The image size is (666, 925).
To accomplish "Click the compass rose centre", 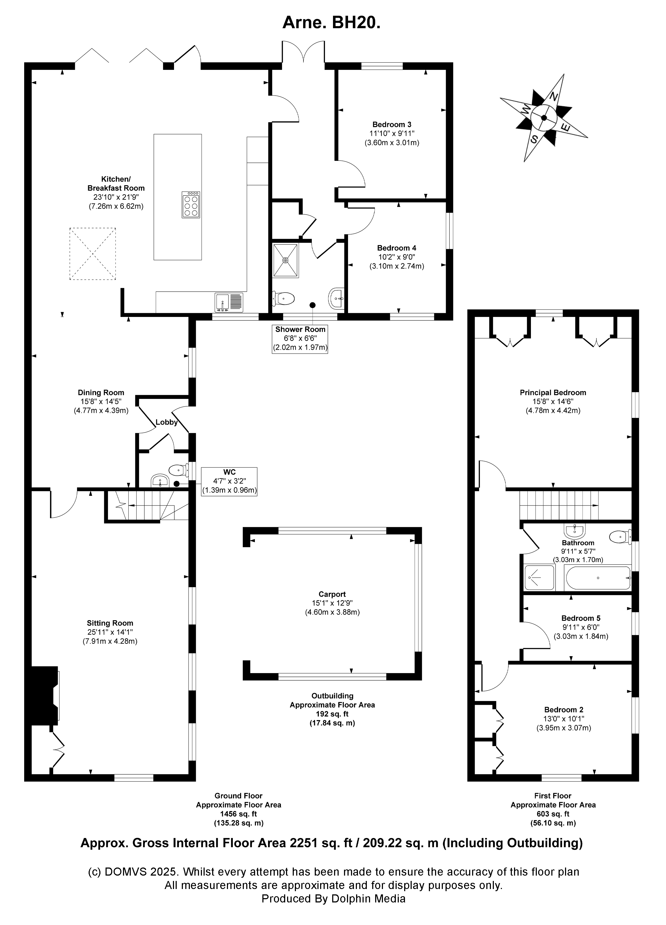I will point(544,118).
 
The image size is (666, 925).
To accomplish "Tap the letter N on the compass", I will point(553,97).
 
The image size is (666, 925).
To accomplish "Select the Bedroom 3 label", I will point(392,124).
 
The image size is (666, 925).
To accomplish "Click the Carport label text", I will point(332,594).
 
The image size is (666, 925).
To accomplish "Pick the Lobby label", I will point(166,422).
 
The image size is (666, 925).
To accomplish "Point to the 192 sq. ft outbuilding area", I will point(332,714).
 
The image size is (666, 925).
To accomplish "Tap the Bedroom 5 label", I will point(580,618).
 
